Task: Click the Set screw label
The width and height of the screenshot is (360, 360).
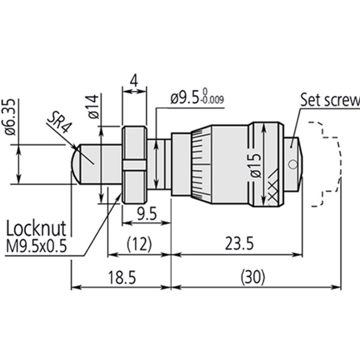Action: tap(329, 99)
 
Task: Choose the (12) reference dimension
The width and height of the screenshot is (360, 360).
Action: tap(139, 244)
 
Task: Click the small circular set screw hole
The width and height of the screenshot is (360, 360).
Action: tap(292, 164)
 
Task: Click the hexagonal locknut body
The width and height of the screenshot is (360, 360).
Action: tap(134, 164)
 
